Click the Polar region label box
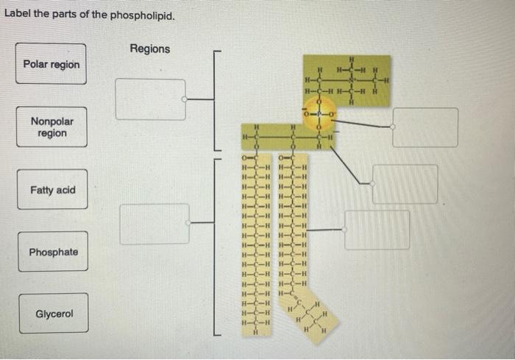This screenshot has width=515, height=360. [x=51, y=64]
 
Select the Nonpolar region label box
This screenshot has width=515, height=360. [x=51, y=127]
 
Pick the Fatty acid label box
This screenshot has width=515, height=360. [x=52, y=190]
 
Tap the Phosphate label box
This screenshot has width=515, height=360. [x=53, y=252]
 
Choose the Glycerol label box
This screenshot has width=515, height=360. [x=54, y=314]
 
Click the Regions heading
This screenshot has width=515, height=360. [x=149, y=49]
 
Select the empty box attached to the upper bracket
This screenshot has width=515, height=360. [x=150, y=99]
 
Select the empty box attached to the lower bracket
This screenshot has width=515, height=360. [x=154, y=224]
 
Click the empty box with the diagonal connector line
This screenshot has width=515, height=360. [x=405, y=183]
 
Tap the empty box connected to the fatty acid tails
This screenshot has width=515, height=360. [x=377, y=229]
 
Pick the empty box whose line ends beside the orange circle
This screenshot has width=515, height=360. [x=425, y=127]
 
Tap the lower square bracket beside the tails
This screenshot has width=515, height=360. [x=215, y=247]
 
